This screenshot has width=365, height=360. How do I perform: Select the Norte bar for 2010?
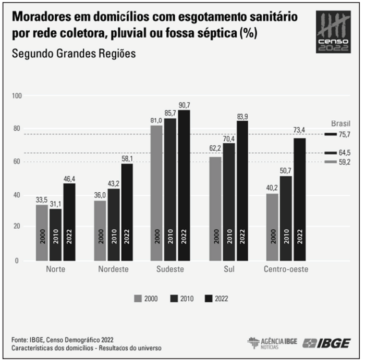(x=55, y=234)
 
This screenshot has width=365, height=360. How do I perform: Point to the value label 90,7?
(x=184, y=105)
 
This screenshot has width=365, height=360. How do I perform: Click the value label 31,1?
(x=55, y=204)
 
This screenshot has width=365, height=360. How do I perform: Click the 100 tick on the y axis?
(x=19, y=96)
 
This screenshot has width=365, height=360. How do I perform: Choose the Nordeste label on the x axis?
(x=113, y=270)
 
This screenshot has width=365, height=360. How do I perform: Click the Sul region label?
(x=228, y=270)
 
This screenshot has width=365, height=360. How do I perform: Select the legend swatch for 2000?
(x=139, y=299)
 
